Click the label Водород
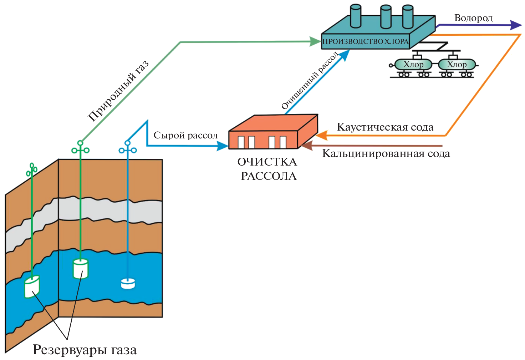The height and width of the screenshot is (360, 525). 473,18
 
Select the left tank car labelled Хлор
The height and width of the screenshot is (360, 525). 413,65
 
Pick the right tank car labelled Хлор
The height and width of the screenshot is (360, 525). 457,65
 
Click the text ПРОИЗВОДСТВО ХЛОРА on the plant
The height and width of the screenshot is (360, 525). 365,41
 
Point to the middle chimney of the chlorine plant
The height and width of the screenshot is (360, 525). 386,16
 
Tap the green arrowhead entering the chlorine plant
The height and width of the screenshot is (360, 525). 315,41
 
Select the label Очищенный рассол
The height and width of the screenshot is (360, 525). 310,81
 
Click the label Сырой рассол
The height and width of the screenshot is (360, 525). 185,136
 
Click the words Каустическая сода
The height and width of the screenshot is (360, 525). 385,127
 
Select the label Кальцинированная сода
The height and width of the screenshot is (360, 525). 386,154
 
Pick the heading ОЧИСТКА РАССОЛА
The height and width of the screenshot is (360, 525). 268,169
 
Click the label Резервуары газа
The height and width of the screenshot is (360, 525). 85,350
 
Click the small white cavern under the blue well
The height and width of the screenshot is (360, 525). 128,283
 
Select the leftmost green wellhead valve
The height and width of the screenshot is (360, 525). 32,171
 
